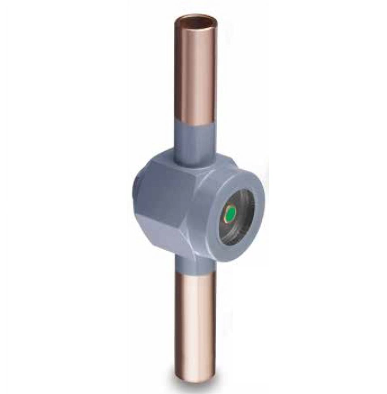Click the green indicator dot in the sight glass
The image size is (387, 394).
point(230,213)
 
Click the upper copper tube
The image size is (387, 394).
point(196,73)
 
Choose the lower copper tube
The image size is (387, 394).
point(195,320)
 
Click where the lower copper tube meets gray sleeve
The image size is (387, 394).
point(196,273)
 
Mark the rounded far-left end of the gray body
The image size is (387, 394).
point(135,190)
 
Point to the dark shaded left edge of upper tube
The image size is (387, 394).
point(179,73)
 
